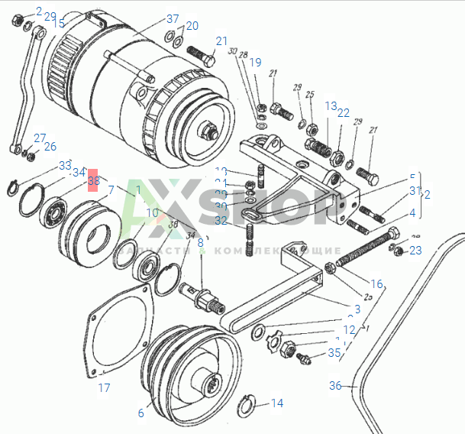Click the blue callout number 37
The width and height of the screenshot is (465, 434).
(x=173, y=19)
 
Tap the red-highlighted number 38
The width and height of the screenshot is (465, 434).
(x=93, y=181)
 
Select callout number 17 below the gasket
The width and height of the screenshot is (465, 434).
(x=105, y=387)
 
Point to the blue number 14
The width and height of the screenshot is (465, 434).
(x=276, y=403)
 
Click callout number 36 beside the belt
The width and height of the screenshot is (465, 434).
(x=335, y=386)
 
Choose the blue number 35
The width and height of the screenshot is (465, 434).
(x=334, y=353)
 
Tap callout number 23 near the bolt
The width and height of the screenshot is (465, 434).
(x=415, y=250)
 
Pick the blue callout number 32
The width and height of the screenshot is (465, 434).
(x=221, y=221)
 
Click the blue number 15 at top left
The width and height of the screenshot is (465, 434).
(x=59, y=24)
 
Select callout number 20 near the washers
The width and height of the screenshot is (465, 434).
(x=192, y=25)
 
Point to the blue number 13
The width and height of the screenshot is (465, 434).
(x=331, y=105)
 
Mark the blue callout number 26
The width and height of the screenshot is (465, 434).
(x=50, y=147)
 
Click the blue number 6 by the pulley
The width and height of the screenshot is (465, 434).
(x=140, y=413)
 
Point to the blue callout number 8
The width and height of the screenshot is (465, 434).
(x=201, y=242)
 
